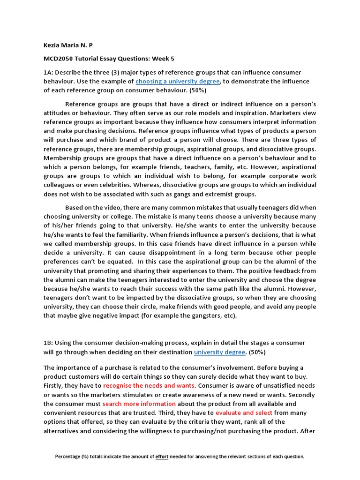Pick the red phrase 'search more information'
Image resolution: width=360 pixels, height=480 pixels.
click(x=139, y=404)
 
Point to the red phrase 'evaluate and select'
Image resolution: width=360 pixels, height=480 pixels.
click(x=244, y=412)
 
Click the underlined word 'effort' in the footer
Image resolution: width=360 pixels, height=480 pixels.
click(x=162, y=456)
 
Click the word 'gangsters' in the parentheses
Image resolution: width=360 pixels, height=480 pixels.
click(x=198, y=315)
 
